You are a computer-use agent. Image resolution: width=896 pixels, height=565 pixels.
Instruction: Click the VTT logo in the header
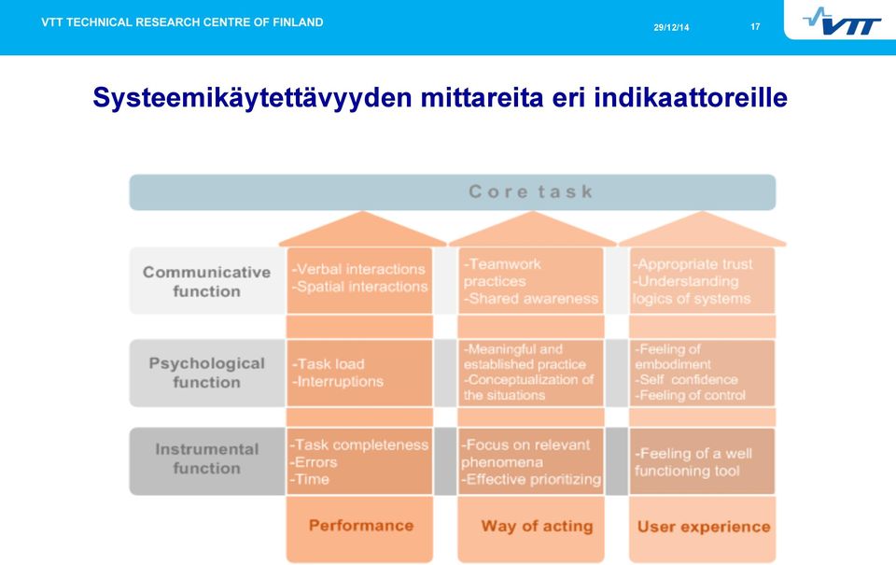click(x=842, y=21)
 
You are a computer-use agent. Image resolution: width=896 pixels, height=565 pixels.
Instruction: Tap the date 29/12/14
click(x=671, y=27)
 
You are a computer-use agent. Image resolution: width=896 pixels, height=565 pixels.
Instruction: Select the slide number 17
click(x=755, y=27)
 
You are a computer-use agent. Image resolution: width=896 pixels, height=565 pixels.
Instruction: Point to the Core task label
click(x=531, y=191)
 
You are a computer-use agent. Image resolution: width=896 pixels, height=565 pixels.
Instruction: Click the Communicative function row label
click(x=206, y=281)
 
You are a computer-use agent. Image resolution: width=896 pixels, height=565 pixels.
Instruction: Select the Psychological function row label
click(x=206, y=373)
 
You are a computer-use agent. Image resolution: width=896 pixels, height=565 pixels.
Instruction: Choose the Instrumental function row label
click(x=206, y=459)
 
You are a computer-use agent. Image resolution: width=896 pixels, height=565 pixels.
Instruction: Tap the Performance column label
click(x=360, y=526)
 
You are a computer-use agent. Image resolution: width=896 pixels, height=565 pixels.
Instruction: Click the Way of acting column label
click(x=537, y=526)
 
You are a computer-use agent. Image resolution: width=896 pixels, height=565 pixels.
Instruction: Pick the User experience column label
click(x=704, y=527)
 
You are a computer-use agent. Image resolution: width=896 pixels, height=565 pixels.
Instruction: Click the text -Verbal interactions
click(x=358, y=269)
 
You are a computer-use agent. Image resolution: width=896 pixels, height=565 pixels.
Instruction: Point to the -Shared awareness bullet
click(x=531, y=299)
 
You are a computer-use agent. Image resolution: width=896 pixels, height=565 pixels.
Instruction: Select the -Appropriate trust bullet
click(x=693, y=264)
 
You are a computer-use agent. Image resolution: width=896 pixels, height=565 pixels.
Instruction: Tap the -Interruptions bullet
click(x=337, y=381)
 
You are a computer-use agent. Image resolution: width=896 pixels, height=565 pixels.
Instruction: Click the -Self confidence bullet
click(x=686, y=380)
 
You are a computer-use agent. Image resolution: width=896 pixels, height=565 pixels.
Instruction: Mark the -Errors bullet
click(x=314, y=462)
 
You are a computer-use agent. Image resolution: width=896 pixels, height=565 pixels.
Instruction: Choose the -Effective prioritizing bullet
click(x=531, y=479)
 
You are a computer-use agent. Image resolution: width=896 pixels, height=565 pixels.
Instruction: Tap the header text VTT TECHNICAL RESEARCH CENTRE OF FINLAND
click(x=182, y=22)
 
